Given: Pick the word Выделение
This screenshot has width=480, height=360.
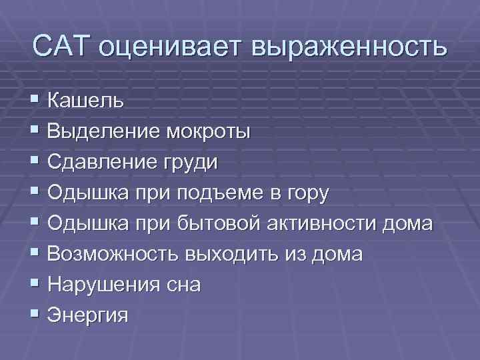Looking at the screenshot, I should coord(105,131).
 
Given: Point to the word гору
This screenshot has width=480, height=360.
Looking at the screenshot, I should coord(305,194).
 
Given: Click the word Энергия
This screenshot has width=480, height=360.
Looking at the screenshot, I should coord(88,316).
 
